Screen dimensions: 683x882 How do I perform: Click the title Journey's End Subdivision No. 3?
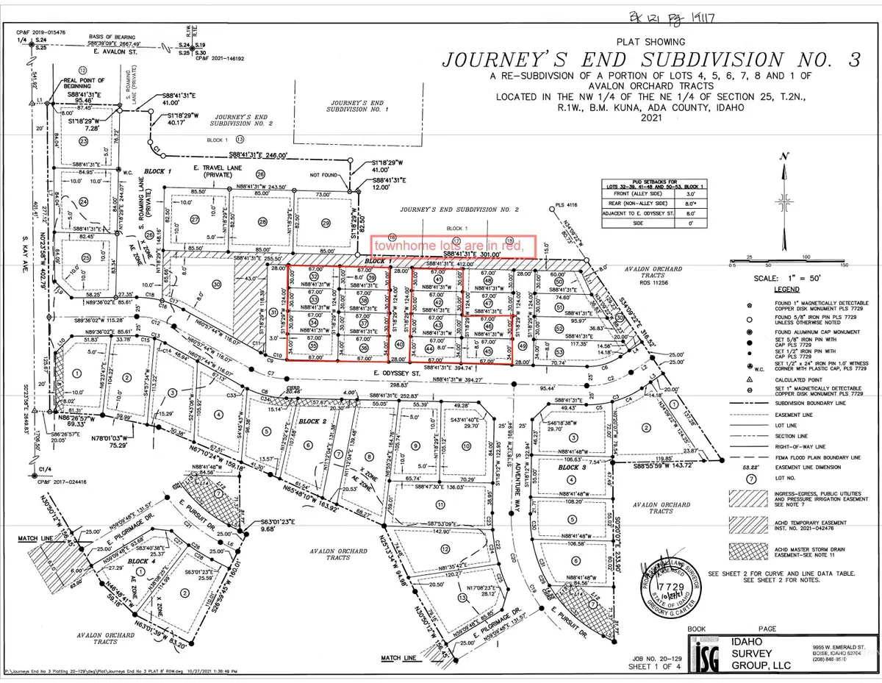(x=599, y=60)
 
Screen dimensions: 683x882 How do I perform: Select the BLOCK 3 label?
(x=570, y=468)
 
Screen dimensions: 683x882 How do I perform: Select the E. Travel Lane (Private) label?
(x=214, y=174)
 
